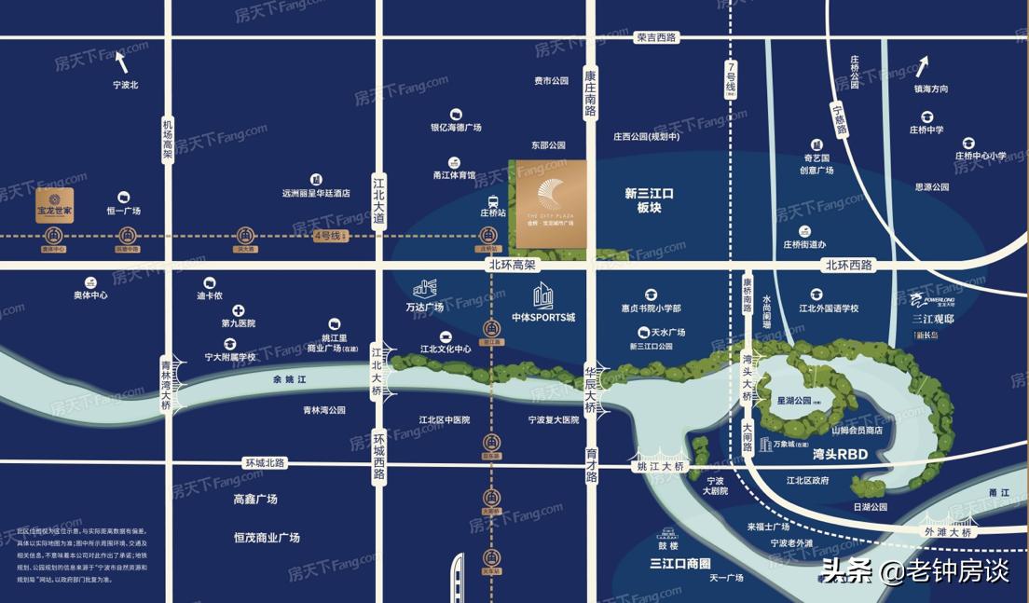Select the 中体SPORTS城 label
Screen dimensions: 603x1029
(x=543, y=317)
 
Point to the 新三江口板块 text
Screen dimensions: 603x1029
(x=649, y=200)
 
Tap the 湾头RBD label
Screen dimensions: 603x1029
(x=840, y=454)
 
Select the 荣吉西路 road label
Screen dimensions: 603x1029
(x=656, y=37)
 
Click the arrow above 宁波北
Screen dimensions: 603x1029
(x=120, y=62)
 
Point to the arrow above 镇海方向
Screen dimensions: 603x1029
(x=922, y=65)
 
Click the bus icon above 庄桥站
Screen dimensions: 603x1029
(x=492, y=200)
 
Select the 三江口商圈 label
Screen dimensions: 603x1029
(x=680, y=563)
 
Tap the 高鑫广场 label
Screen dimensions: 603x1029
(x=255, y=500)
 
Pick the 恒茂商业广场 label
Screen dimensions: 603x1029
(x=267, y=538)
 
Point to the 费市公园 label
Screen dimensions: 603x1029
(x=551, y=81)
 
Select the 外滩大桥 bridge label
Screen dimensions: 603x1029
(x=948, y=532)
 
